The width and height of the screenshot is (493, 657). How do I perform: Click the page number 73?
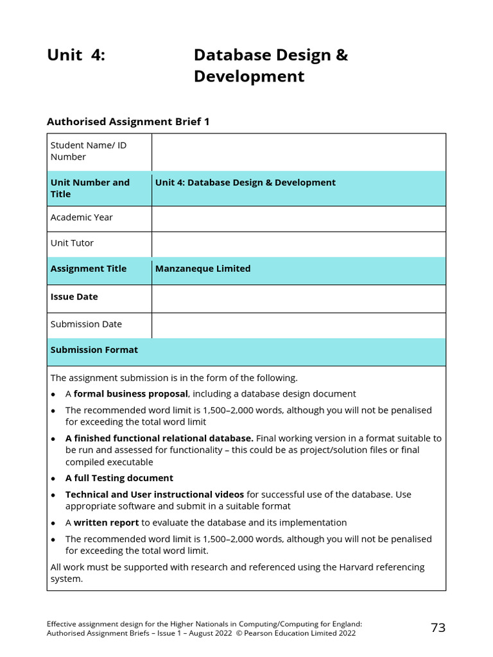pos(438,628)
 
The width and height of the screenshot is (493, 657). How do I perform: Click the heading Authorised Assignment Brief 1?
pos(128,121)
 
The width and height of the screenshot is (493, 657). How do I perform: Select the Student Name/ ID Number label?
pos(89,151)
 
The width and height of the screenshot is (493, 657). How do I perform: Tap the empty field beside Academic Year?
pos(298,218)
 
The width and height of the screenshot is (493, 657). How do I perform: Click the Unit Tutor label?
pos(72,243)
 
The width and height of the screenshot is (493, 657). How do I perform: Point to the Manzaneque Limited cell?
pos(203,269)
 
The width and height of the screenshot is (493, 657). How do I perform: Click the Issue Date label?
pos(74,297)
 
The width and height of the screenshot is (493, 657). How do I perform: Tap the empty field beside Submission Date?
pos(298,325)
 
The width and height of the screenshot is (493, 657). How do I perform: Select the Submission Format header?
pos(94,350)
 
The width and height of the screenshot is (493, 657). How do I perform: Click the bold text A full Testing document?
pos(119,478)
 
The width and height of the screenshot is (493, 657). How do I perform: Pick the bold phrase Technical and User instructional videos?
pos(154,495)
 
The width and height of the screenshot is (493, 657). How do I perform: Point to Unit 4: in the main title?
pos(76,56)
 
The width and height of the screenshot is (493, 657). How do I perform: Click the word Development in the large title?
pos(249,77)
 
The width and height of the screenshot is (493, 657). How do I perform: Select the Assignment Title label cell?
pos(89,269)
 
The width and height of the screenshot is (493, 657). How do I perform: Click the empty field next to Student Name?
pos(298,152)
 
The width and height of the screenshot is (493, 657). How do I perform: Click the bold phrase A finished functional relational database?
pos(159,439)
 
